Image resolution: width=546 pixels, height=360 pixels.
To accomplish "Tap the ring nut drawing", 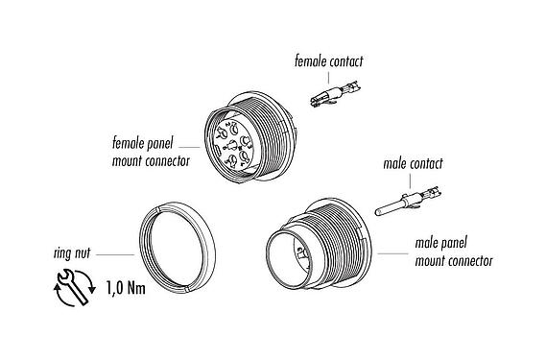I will tap(181, 249).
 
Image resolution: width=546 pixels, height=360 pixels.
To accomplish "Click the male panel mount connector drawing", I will tap(316, 248).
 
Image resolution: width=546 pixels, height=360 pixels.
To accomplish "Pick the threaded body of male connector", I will tap(345, 241).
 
